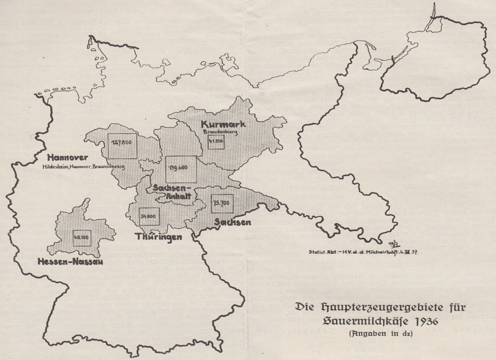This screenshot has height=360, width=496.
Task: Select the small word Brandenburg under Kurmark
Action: (218, 131)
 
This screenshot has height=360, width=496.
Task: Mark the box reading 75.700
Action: (222, 203)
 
